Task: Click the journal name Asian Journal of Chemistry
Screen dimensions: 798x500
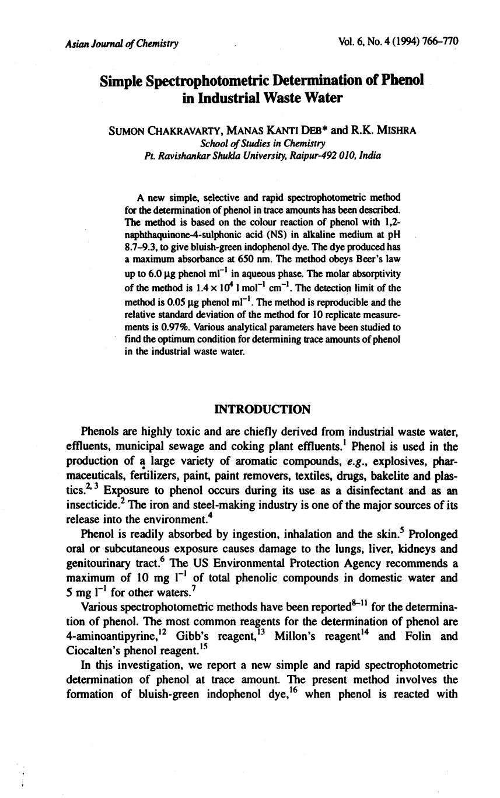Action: pyautogui.click(x=122, y=43)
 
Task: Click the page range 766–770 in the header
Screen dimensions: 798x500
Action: pyautogui.click(x=439, y=41)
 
